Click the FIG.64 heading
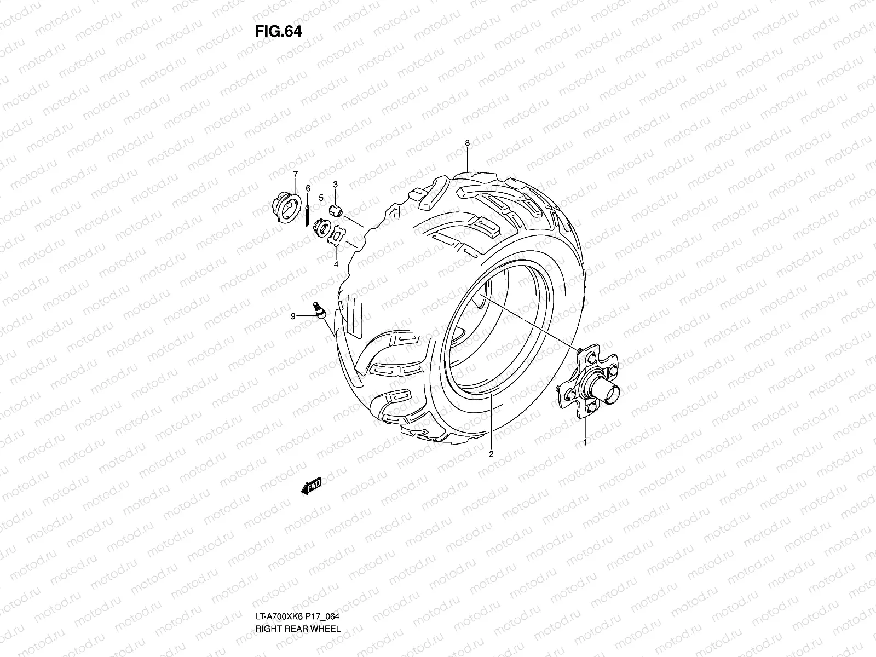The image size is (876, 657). (278, 31)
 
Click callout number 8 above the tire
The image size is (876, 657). (467, 143)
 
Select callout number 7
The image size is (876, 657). (295, 175)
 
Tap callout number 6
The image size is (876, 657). (308, 188)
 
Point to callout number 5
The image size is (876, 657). (321, 197)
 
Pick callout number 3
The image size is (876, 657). (335, 185)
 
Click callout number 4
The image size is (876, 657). (336, 264)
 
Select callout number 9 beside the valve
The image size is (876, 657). (293, 316)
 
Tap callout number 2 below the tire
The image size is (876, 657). (491, 454)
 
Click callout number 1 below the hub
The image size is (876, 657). (585, 442)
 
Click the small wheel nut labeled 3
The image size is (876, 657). (336, 210)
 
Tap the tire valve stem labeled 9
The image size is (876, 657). (319, 310)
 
